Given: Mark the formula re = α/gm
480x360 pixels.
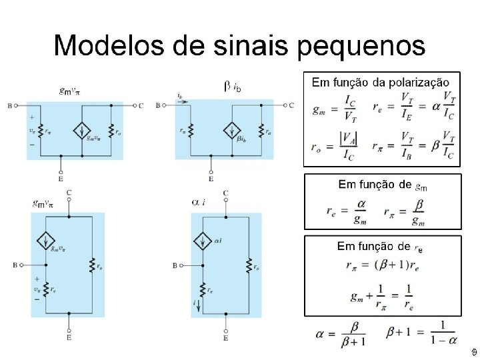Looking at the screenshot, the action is pyautogui.click(x=348, y=212).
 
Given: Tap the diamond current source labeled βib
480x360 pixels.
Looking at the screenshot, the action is pyautogui.click(x=233, y=130).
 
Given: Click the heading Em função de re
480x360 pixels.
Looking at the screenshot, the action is pyautogui.click(x=381, y=247).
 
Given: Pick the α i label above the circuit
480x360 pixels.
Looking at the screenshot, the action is pyautogui.click(x=199, y=201).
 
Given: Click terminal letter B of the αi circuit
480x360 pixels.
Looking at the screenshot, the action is pyautogui.click(x=175, y=265).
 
